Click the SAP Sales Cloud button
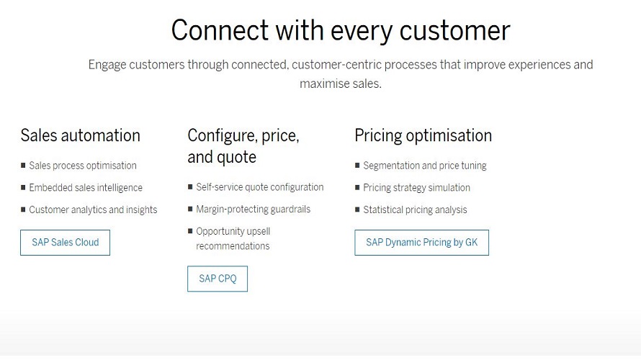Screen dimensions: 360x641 tap(65, 243)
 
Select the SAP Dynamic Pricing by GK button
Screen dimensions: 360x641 tap(421, 243)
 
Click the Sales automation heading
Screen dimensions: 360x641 tap(80, 135)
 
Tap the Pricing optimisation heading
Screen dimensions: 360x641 tap(423, 135)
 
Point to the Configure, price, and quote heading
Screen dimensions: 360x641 tap(243, 145)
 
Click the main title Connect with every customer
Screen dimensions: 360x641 tap(340, 30)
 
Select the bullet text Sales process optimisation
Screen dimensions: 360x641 tap(82, 166)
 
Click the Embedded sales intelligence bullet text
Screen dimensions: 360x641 tap(86, 188)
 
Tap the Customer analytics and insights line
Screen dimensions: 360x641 tap(93, 210)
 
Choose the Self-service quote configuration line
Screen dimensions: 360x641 tap(259, 187)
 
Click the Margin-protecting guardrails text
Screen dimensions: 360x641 tap(252, 210)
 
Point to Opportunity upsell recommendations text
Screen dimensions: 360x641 tap(233, 239)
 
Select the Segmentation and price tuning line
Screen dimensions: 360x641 tap(424, 166)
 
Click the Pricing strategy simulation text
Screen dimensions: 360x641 tap(416, 188)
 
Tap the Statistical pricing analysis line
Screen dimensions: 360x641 tap(415, 210)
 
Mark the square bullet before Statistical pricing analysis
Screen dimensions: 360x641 tap(357, 210)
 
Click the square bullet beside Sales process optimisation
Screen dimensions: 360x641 tap(23, 166)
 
